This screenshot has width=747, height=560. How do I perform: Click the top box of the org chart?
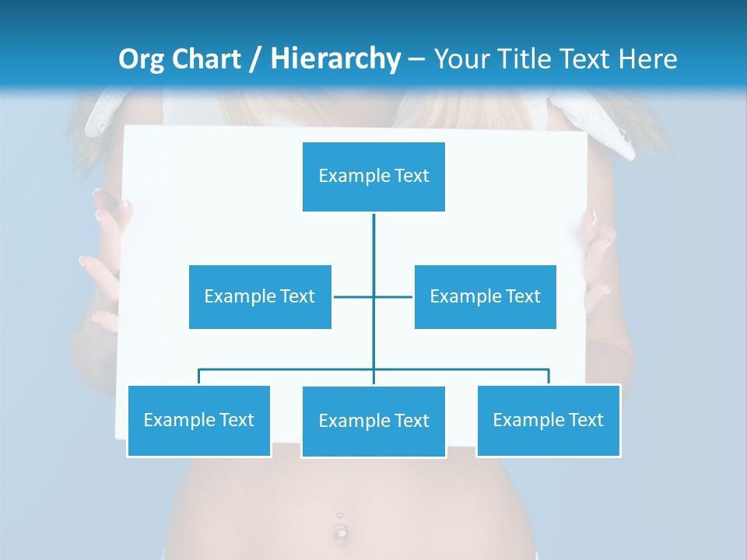(x=373, y=177)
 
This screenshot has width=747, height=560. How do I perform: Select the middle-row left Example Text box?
(x=260, y=296)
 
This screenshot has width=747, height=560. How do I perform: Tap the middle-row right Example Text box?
(x=485, y=296)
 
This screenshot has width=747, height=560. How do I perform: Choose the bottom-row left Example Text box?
(x=198, y=420)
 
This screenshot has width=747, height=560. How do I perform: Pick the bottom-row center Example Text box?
(x=373, y=421)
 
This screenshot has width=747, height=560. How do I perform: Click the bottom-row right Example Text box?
(x=548, y=420)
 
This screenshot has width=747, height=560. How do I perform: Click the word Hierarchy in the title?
(x=335, y=59)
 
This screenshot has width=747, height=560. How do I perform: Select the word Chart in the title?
(x=205, y=59)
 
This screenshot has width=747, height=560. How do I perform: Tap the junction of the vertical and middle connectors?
(x=373, y=296)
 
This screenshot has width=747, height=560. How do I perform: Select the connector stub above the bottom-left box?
(x=199, y=376)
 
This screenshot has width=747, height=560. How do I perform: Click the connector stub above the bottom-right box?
(x=549, y=376)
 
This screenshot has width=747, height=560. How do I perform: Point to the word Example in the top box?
(x=354, y=177)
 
